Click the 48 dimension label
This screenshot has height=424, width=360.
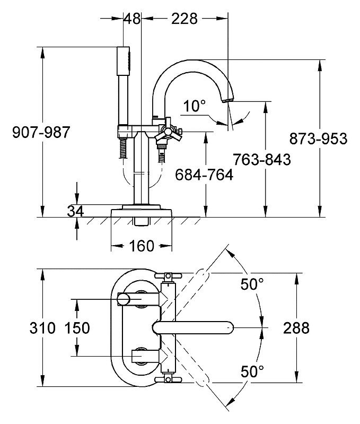point(133,19)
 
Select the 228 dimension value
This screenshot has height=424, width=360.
point(185,19)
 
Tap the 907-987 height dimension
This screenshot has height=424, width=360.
point(41,132)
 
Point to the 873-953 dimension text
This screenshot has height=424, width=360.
point(318,139)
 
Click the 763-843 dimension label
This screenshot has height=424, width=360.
point(262,159)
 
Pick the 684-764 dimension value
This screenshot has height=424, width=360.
point(204,175)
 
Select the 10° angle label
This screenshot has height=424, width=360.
point(194,106)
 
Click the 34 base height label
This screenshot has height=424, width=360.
point(75,211)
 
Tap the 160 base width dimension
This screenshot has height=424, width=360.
point(142,246)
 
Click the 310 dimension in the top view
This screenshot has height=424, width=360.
point(42,328)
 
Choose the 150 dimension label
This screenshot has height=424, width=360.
point(77,328)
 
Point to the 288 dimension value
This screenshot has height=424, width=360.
point(296,328)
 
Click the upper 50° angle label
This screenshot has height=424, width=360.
point(252,284)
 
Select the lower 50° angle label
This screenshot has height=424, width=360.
point(252,371)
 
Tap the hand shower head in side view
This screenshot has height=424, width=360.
point(124,62)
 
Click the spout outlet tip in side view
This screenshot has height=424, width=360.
point(227,101)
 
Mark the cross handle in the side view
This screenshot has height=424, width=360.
point(168,132)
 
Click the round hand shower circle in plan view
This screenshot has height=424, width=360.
point(124,299)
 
